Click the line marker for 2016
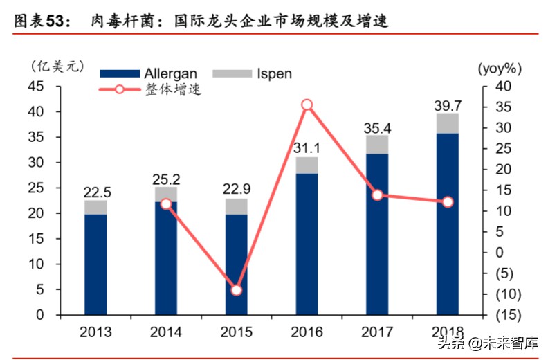pos(307,105)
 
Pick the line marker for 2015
pos(236,290)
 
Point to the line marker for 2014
pos(166,204)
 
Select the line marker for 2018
pos(448,201)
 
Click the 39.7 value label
pos(448,105)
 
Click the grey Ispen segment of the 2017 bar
pos(377,144)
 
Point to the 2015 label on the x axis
pos(236,332)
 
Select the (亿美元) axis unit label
pos(57,66)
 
